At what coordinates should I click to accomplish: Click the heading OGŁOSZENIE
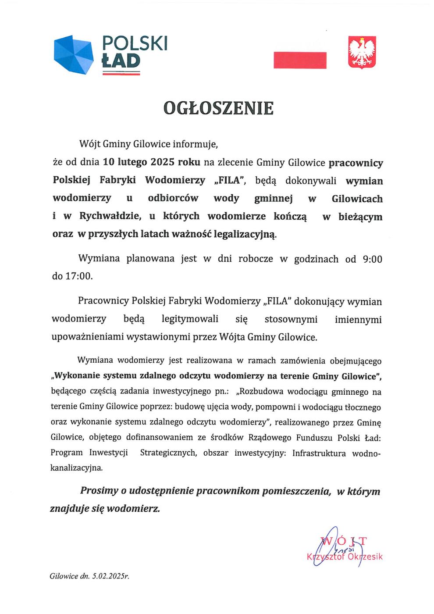[218, 108]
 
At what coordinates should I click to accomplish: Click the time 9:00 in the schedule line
[372, 259]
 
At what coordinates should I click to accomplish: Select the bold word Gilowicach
[357, 199]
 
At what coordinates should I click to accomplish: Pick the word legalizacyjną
[245, 234]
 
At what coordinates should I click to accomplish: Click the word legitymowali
[190, 319]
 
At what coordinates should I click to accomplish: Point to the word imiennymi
[358, 320]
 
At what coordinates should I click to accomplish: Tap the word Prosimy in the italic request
[99, 491]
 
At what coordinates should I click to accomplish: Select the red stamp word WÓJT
[344, 541]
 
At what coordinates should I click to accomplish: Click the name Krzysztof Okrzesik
[345, 557]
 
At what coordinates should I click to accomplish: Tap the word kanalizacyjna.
[77, 468]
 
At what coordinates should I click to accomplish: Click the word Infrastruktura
[319, 453]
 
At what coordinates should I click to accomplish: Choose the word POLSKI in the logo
[135, 43]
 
